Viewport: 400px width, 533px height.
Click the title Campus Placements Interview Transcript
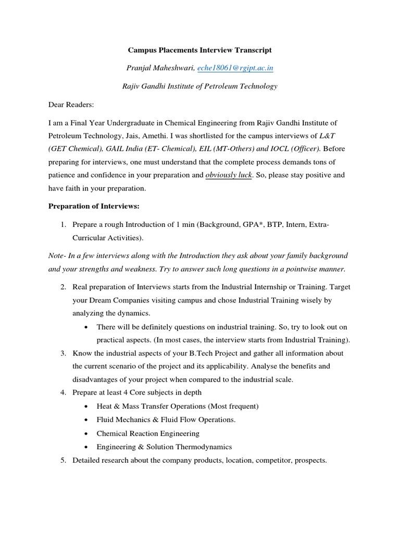click(200, 50)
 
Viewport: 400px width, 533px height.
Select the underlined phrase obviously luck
click(229, 175)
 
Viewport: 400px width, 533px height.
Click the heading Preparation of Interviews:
click(94, 206)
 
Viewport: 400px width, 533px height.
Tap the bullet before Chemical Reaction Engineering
click(85, 434)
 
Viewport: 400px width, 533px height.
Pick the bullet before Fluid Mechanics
click(85, 420)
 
